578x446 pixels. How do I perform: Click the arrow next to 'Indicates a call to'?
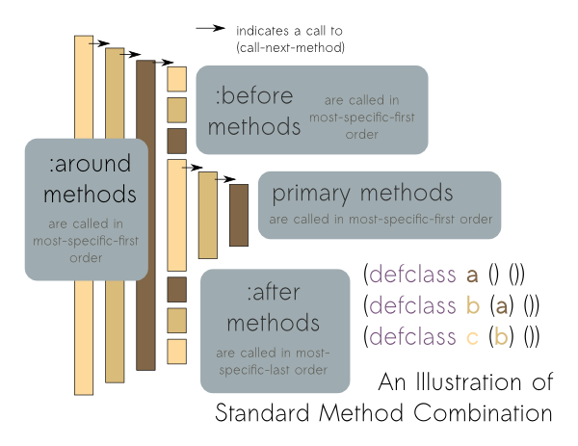coord(209,28)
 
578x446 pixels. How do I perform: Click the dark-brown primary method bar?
coord(239,213)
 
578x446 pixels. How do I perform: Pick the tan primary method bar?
coord(207,215)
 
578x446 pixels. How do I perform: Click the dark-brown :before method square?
coord(176,141)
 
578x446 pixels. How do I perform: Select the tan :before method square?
coord(176,110)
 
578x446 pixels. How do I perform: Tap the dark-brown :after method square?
coord(176,288)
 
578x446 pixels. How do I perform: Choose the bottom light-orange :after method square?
coord(176,351)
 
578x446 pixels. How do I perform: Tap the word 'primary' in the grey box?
coord(309,193)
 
